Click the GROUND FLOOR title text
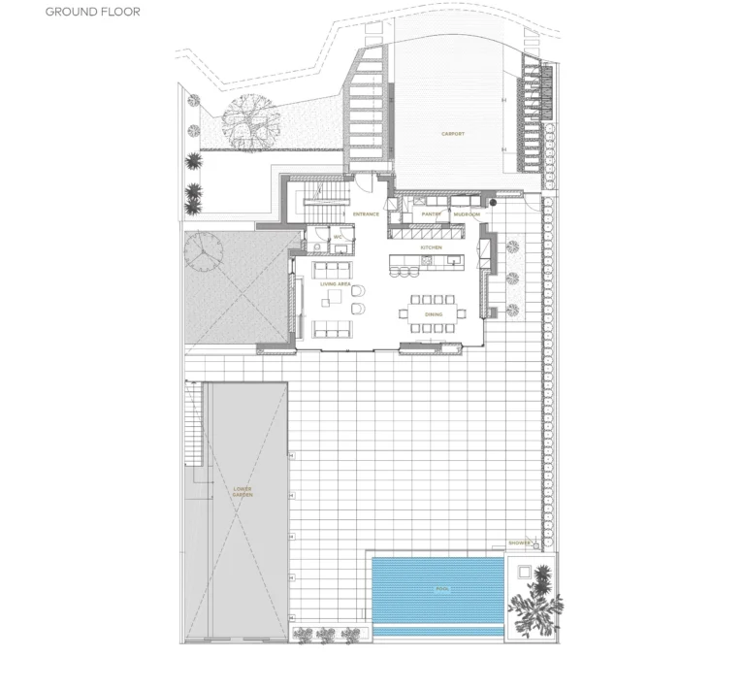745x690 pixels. tap(92, 13)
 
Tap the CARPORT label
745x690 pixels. tap(453, 134)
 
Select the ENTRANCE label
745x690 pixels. tap(365, 214)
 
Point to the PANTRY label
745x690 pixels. tap(432, 214)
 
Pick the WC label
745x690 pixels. tap(339, 236)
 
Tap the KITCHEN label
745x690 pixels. tap(432, 247)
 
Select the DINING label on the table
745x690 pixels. tap(434, 313)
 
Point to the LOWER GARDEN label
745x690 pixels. tap(243, 492)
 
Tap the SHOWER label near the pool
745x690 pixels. tap(519, 542)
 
